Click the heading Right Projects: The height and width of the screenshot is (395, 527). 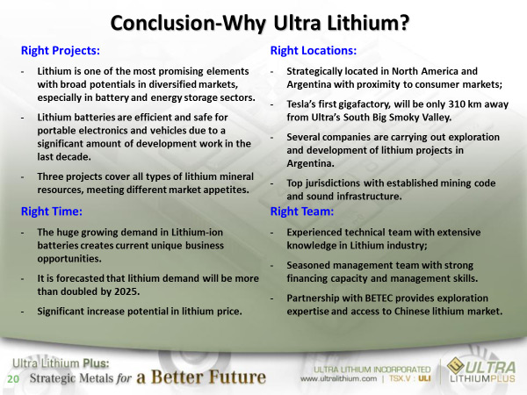pyautogui.click(x=61, y=50)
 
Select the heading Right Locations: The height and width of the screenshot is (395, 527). pyautogui.click(x=314, y=50)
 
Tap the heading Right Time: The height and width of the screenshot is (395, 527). pyautogui.click(x=52, y=212)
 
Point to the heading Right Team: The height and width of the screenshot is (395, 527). pyautogui.click(x=302, y=212)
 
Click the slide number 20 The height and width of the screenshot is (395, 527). pyautogui.click(x=13, y=379)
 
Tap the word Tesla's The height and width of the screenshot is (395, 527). pyautogui.click(x=300, y=104)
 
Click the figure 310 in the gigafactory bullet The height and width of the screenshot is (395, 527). pyautogui.click(x=457, y=104)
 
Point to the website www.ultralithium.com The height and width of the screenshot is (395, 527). pyautogui.click(x=338, y=379)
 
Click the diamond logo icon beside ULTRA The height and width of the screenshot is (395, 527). pyautogui.click(x=456, y=366)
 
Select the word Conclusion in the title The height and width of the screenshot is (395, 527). pyautogui.click(x=162, y=23)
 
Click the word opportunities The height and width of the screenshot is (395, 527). pyautogui.click(x=69, y=259)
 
